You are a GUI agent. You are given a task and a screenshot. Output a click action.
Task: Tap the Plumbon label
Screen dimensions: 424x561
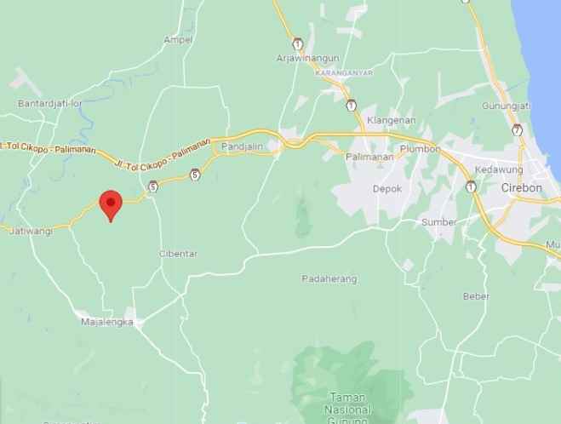(420, 149)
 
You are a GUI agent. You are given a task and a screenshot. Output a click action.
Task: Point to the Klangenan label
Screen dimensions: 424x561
(390, 120)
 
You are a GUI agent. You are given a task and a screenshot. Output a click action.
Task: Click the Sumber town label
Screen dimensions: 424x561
(439, 222)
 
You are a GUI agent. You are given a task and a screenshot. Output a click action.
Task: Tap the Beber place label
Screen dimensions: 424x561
(476, 296)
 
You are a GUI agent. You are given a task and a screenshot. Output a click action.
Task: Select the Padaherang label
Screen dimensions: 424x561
(329, 279)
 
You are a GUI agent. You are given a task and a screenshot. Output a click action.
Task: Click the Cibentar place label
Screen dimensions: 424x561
(178, 254)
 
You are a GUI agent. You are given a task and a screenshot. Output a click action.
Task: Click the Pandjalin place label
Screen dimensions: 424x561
(239, 147)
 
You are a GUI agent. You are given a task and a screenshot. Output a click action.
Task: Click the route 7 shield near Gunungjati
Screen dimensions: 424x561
(518, 129)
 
